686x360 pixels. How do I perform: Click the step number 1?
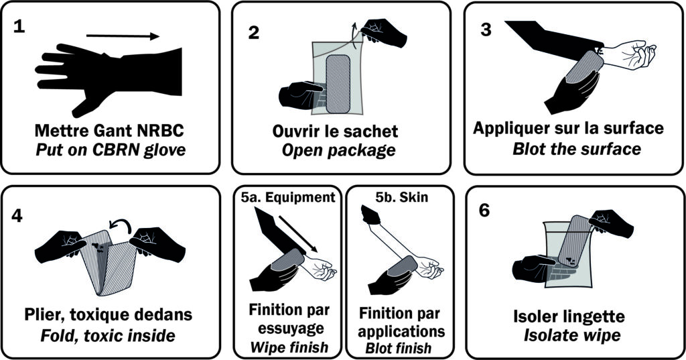point(19,27)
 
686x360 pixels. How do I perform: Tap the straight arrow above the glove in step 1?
point(123,36)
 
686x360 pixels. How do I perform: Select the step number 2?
point(254,33)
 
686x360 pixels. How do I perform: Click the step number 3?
point(486,29)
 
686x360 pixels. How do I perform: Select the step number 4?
point(17,215)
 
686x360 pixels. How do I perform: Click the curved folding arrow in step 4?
point(121,227)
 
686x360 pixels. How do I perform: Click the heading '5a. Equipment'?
point(288,197)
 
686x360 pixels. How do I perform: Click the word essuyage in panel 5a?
point(289,328)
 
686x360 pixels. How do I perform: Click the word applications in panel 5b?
point(401,331)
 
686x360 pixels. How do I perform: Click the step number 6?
point(484,211)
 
